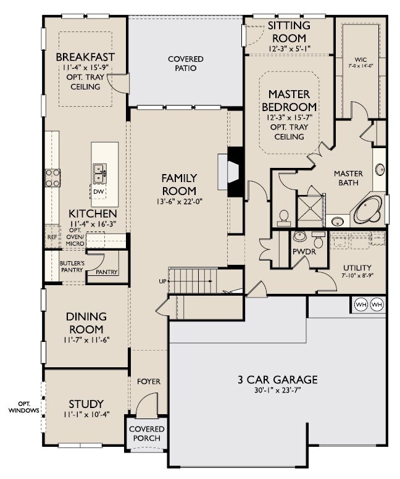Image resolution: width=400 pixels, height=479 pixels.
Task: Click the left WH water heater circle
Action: pos(361,304)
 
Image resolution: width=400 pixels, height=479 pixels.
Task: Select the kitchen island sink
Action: pos(99,173)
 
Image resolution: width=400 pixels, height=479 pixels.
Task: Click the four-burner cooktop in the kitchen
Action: pos(52,178)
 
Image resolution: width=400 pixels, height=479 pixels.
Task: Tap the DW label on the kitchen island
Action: pos(99,191)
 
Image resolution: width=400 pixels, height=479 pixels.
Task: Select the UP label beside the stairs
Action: pos(162,281)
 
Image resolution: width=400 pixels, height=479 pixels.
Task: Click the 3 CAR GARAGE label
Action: pos(277,380)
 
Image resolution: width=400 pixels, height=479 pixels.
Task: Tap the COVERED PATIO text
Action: pos(185,63)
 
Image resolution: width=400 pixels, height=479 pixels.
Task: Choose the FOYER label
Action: pos(149,381)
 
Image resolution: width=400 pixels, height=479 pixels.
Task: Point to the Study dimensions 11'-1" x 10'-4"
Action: pos(86,414)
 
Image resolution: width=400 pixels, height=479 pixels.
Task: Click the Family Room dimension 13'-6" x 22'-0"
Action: pos(179,201)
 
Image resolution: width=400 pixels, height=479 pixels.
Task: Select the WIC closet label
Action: pos(361,60)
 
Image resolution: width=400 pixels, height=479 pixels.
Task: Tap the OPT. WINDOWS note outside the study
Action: pos(23,407)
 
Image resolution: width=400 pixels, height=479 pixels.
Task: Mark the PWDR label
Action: pos(304,252)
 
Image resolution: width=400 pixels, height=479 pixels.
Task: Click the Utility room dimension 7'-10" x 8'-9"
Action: pos(357,275)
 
